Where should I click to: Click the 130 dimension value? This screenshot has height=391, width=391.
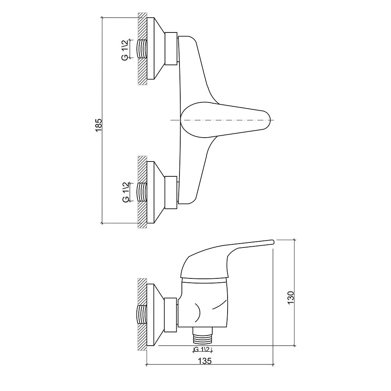(291, 297)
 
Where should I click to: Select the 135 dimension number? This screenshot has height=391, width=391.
(205, 361)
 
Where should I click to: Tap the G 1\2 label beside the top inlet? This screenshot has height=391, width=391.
(125, 49)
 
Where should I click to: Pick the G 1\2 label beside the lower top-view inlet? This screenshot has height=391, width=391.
(125, 192)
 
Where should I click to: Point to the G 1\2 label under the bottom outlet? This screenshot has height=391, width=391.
(203, 349)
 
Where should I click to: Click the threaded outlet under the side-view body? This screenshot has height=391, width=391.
(203, 335)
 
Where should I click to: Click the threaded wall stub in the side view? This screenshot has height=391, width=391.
(142, 314)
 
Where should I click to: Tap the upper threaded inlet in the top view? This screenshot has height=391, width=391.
(142, 48)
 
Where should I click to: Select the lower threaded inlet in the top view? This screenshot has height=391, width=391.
(142, 192)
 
